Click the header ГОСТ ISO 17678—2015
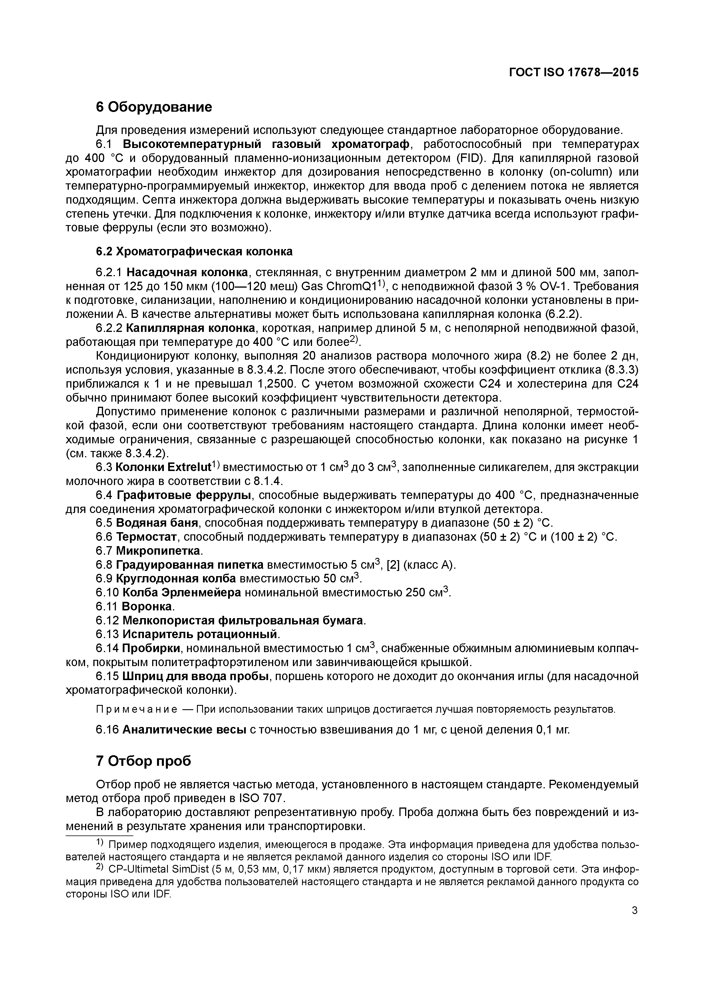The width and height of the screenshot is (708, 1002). pyautogui.click(x=574, y=73)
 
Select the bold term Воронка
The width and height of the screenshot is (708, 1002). pyautogui.click(x=147, y=606)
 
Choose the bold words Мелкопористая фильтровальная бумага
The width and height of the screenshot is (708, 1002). pyautogui.click(x=243, y=620)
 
